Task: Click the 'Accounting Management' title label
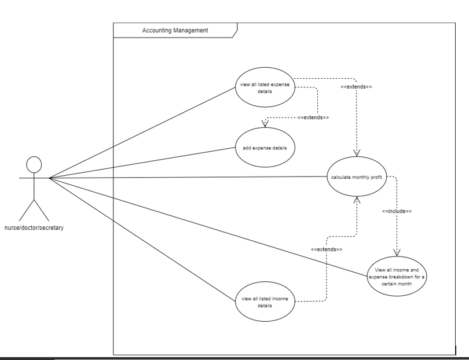[x=175, y=30]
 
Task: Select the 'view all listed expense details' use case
[x=264, y=87]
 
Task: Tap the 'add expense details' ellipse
[x=265, y=148]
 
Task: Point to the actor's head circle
[x=34, y=164]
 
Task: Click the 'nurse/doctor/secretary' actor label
[x=34, y=227]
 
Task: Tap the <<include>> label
[x=397, y=211]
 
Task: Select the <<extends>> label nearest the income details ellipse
[x=327, y=249]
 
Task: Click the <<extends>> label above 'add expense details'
[x=313, y=117]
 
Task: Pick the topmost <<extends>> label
[x=356, y=86]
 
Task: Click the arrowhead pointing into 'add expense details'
[x=265, y=124]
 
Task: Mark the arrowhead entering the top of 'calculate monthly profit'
[x=356, y=152]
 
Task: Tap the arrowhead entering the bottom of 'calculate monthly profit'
[x=356, y=199]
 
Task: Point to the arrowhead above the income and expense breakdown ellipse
[x=397, y=252]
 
